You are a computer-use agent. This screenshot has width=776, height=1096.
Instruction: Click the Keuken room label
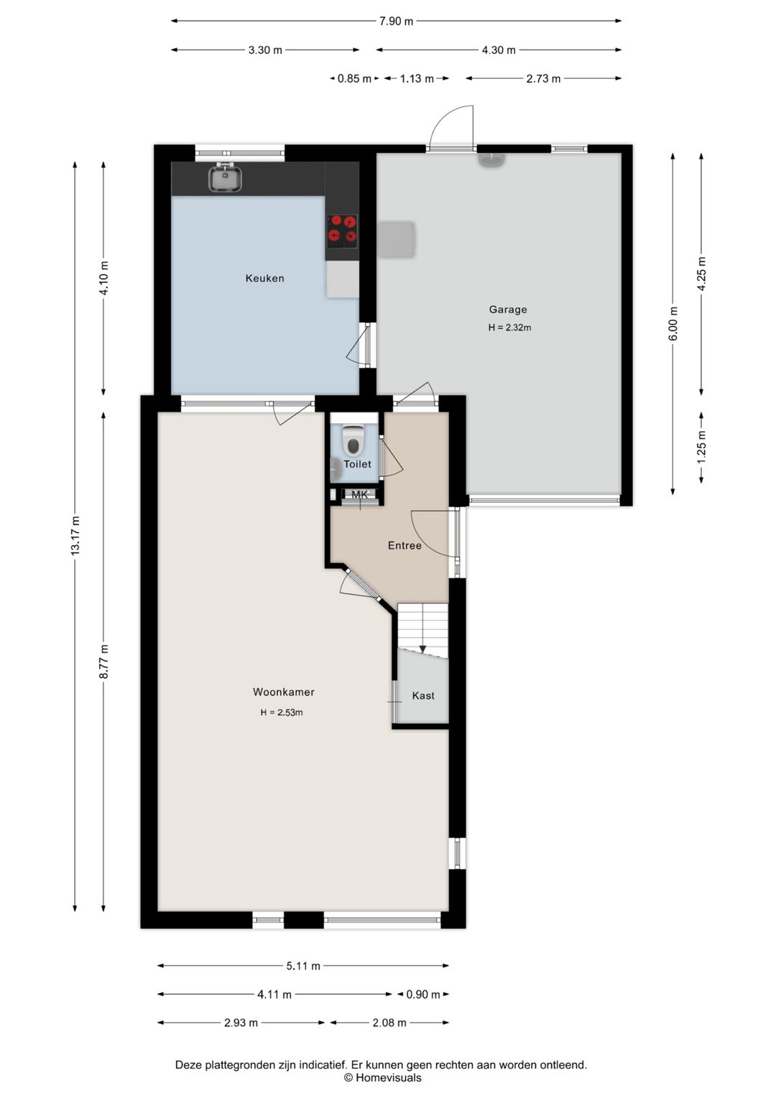point(264,279)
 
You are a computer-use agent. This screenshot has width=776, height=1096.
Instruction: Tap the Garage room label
point(508,310)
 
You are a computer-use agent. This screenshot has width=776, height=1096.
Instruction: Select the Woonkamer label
point(284,692)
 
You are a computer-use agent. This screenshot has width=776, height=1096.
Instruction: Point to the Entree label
point(405,546)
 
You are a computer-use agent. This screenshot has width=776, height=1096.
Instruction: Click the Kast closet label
point(423,696)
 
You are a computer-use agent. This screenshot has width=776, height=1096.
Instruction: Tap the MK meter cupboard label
point(360,495)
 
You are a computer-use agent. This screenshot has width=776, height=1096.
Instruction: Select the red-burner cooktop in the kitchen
point(342,230)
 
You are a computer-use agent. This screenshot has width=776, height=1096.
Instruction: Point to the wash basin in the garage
point(491,160)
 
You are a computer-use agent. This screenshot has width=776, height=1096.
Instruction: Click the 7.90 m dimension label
point(396,21)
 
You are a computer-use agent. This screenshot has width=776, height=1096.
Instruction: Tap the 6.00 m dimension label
point(673,324)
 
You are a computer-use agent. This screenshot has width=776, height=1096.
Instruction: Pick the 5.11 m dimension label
point(303,966)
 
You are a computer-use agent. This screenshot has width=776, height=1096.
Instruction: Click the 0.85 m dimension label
point(354,79)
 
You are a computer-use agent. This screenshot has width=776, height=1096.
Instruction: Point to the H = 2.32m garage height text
point(509,328)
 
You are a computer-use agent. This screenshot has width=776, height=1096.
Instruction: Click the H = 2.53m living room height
point(282,712)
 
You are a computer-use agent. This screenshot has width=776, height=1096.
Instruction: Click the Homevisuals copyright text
point(382,1077)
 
